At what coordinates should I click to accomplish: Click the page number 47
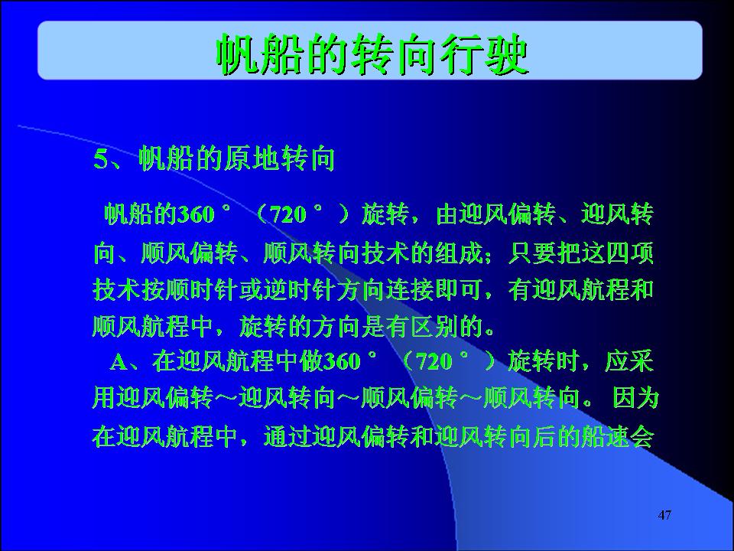click(x=664, y=515)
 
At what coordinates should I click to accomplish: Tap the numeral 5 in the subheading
click(x=100, y=158)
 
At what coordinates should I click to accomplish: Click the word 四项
click(x=629, y=253)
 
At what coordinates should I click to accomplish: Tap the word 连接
click(x=410, y=289)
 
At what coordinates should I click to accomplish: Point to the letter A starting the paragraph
click(x=119, y=362)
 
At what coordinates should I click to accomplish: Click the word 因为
click(x=635, y=398)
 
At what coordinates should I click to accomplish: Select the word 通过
click(x=287, y=436)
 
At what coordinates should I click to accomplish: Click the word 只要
click(x=532, y=253)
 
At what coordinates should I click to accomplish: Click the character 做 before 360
click(x=311, y=361)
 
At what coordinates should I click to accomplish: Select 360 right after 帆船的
click(x=196, y=215)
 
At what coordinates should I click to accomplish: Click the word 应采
click(x=629, y=361)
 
